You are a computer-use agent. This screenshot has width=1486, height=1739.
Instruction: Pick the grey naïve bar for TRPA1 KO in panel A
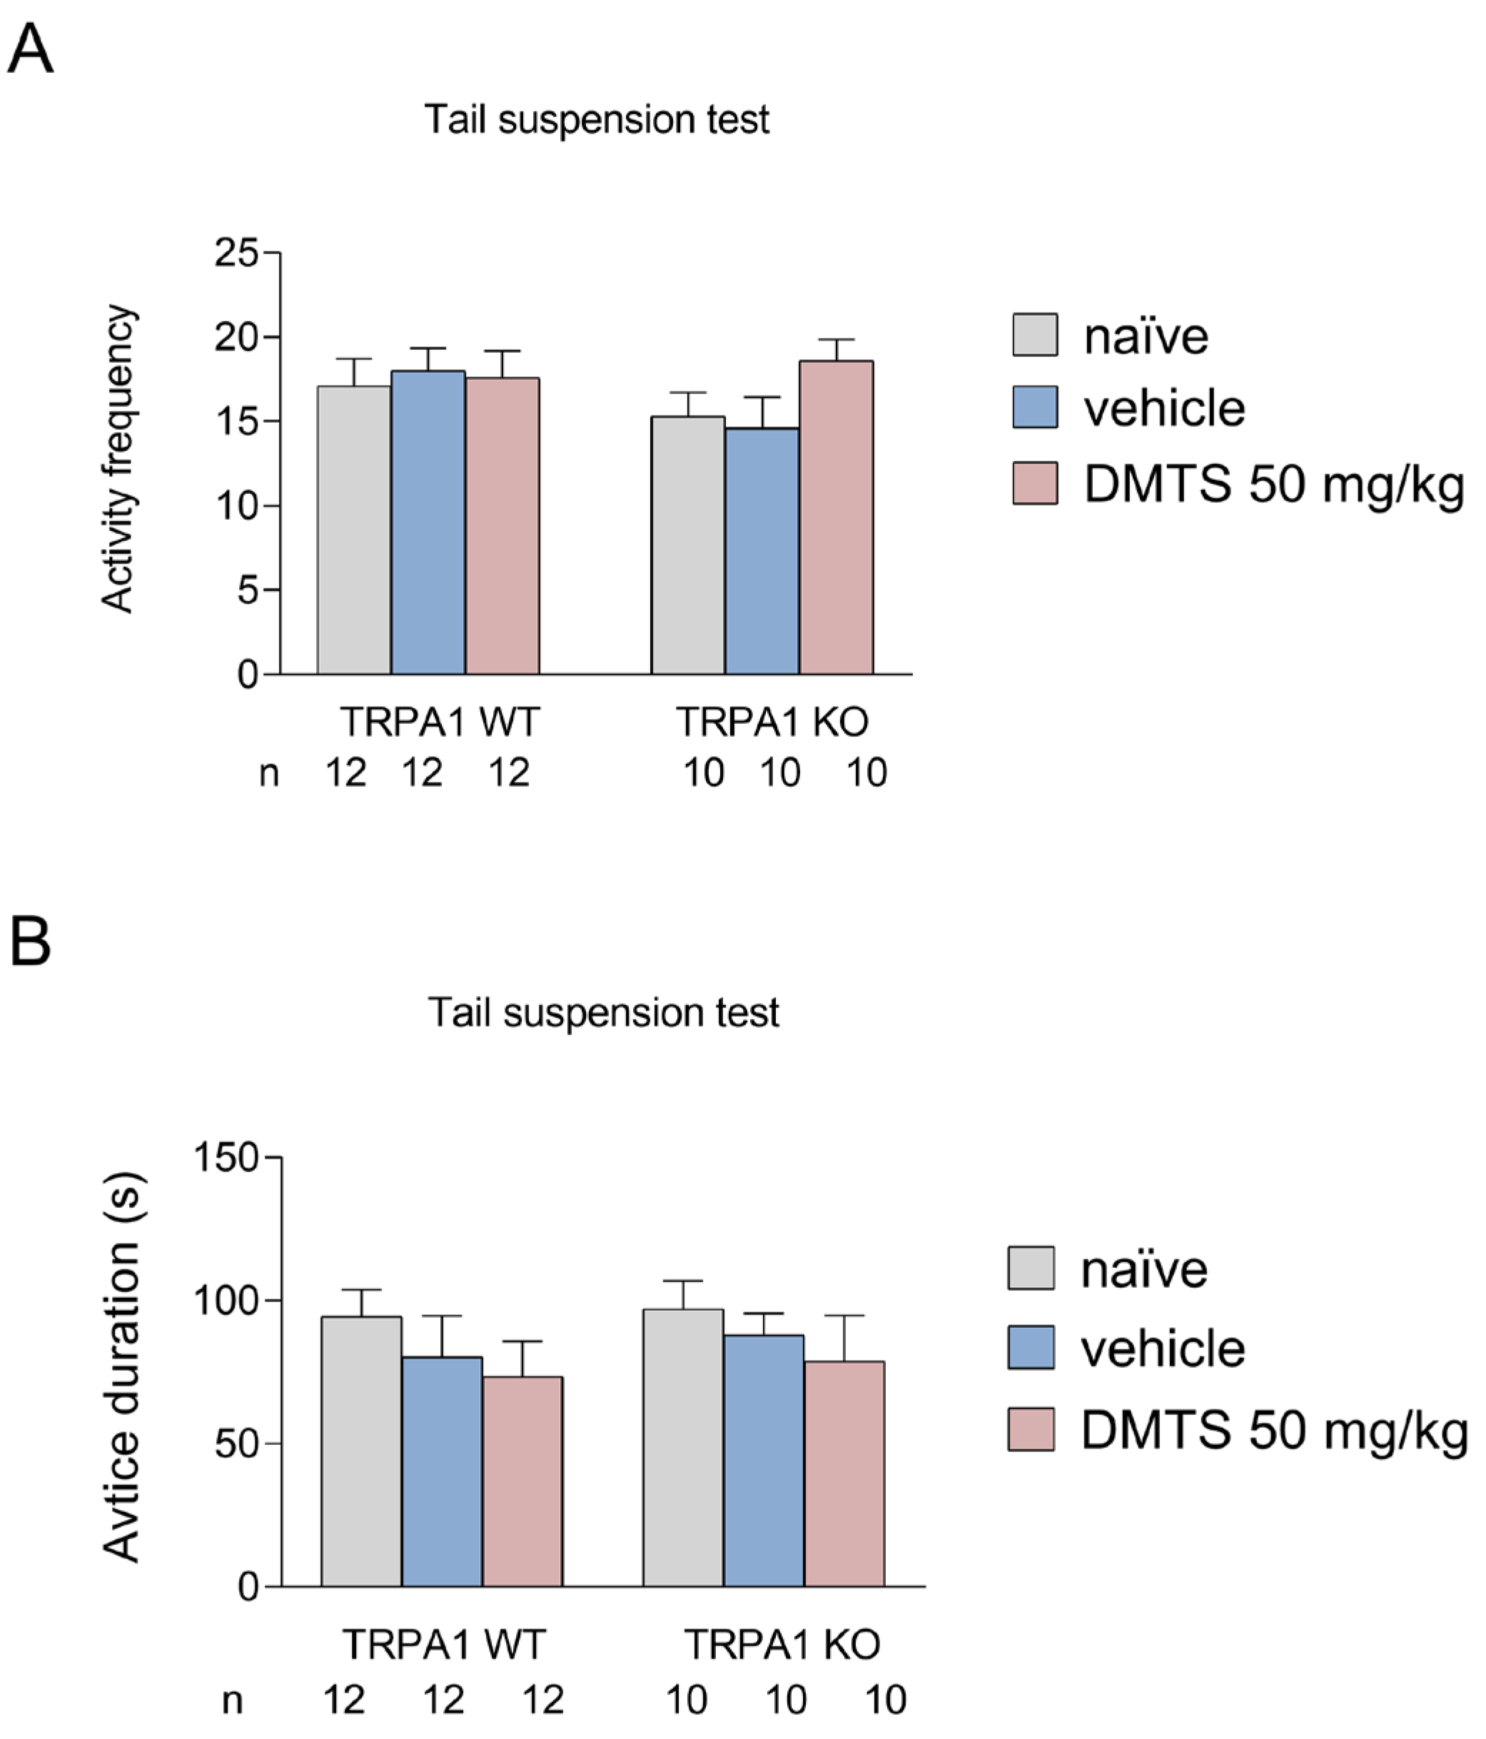(x=688, y=545)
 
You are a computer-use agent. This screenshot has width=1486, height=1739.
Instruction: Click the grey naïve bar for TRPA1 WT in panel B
(x=362, y=1451)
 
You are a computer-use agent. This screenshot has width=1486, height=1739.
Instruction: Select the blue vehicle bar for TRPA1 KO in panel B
(x=764, y=1461)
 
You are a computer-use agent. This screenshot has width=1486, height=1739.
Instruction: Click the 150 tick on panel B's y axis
(x=226, y=1157)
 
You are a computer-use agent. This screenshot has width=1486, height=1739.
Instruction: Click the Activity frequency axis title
(x=118, y=459)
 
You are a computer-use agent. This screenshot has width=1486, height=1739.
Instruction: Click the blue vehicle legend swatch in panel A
(x=1035, y=407)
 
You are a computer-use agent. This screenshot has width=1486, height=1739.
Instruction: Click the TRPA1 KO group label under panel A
(x=772, y=722)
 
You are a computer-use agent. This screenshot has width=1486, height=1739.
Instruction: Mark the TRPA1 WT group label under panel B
(x=444, y=1643)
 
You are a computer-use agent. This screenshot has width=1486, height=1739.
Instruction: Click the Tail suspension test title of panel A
(x=596, y=119)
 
